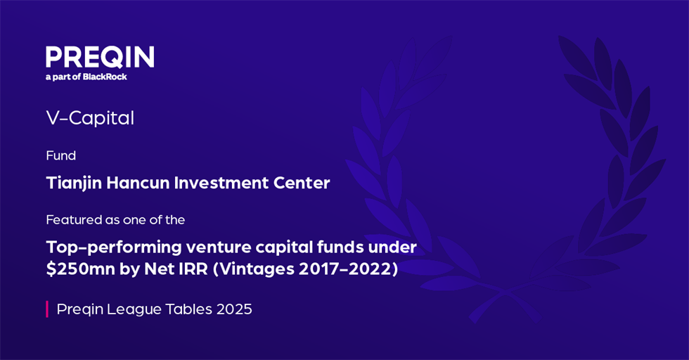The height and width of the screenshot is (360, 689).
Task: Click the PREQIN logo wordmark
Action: [x=100, y=57]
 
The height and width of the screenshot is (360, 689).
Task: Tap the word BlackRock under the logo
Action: [x=105, y=77]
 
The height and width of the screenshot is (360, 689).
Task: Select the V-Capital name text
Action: [x=90, y=118]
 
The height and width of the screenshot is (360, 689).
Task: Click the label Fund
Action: [x=60, y=155]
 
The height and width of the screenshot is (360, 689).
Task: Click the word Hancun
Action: [x=138, y=183]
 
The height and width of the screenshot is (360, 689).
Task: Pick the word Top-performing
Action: [x=114, y=247]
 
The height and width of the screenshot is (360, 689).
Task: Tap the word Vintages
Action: [x=256, y=269]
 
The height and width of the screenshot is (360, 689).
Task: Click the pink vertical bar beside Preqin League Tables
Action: [x=47, y=309]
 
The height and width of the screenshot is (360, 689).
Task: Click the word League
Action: [x=134, y=309]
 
